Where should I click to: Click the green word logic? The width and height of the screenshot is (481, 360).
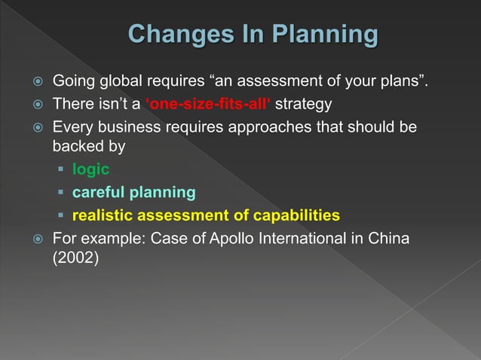point(90,169)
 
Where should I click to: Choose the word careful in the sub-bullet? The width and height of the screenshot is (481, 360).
point(98,193)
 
